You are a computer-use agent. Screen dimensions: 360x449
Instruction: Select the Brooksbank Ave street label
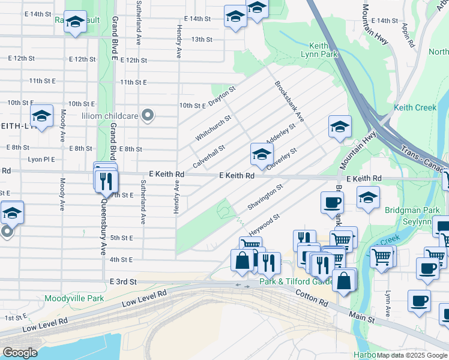(290, 101)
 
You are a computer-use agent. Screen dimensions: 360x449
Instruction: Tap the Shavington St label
(265, 198)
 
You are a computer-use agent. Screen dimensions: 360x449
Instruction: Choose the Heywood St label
(264, 224)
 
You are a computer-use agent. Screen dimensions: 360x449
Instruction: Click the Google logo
(20, 352)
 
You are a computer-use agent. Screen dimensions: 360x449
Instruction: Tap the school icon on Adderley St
(261, 154)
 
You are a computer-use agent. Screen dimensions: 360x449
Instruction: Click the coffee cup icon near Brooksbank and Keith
(331, 202)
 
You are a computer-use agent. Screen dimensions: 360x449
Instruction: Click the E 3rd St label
(124, 281)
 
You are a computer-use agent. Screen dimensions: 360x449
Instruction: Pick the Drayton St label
(222, 93)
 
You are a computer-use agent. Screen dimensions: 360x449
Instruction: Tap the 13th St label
(202, 40)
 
